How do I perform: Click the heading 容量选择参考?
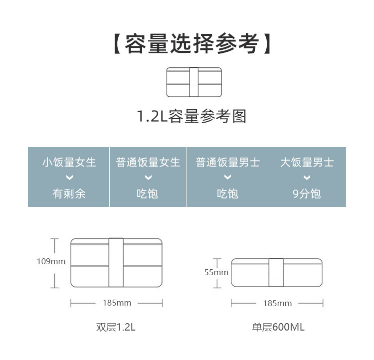click(x=191, y=44)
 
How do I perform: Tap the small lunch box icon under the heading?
click(x=193, y=82)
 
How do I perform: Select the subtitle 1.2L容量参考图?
click(x=191, y=117)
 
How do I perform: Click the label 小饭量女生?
click(x=69, y=163)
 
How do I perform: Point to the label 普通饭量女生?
click(x=148, y=163)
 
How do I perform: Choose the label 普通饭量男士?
click(x=227, y=163)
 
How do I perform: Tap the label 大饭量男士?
click(x=306, y=163)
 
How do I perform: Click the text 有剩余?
click(x=69, y=193)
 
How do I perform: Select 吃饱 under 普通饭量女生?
click(x=148, y=193)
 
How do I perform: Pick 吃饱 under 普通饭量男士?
click(x=227, y=193)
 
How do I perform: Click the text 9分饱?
click(x=306, y=193)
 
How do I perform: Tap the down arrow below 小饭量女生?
click(x=69, y=178)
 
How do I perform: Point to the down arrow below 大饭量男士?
click(x=306, y=178)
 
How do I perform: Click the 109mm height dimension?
click(x=51, y=261)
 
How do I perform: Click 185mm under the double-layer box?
click(x=117, y=303)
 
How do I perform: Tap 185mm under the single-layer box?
click(x=277, y=303)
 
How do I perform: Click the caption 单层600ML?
click(x=278, y=328)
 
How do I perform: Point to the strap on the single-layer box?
click(x=276, y=272)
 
